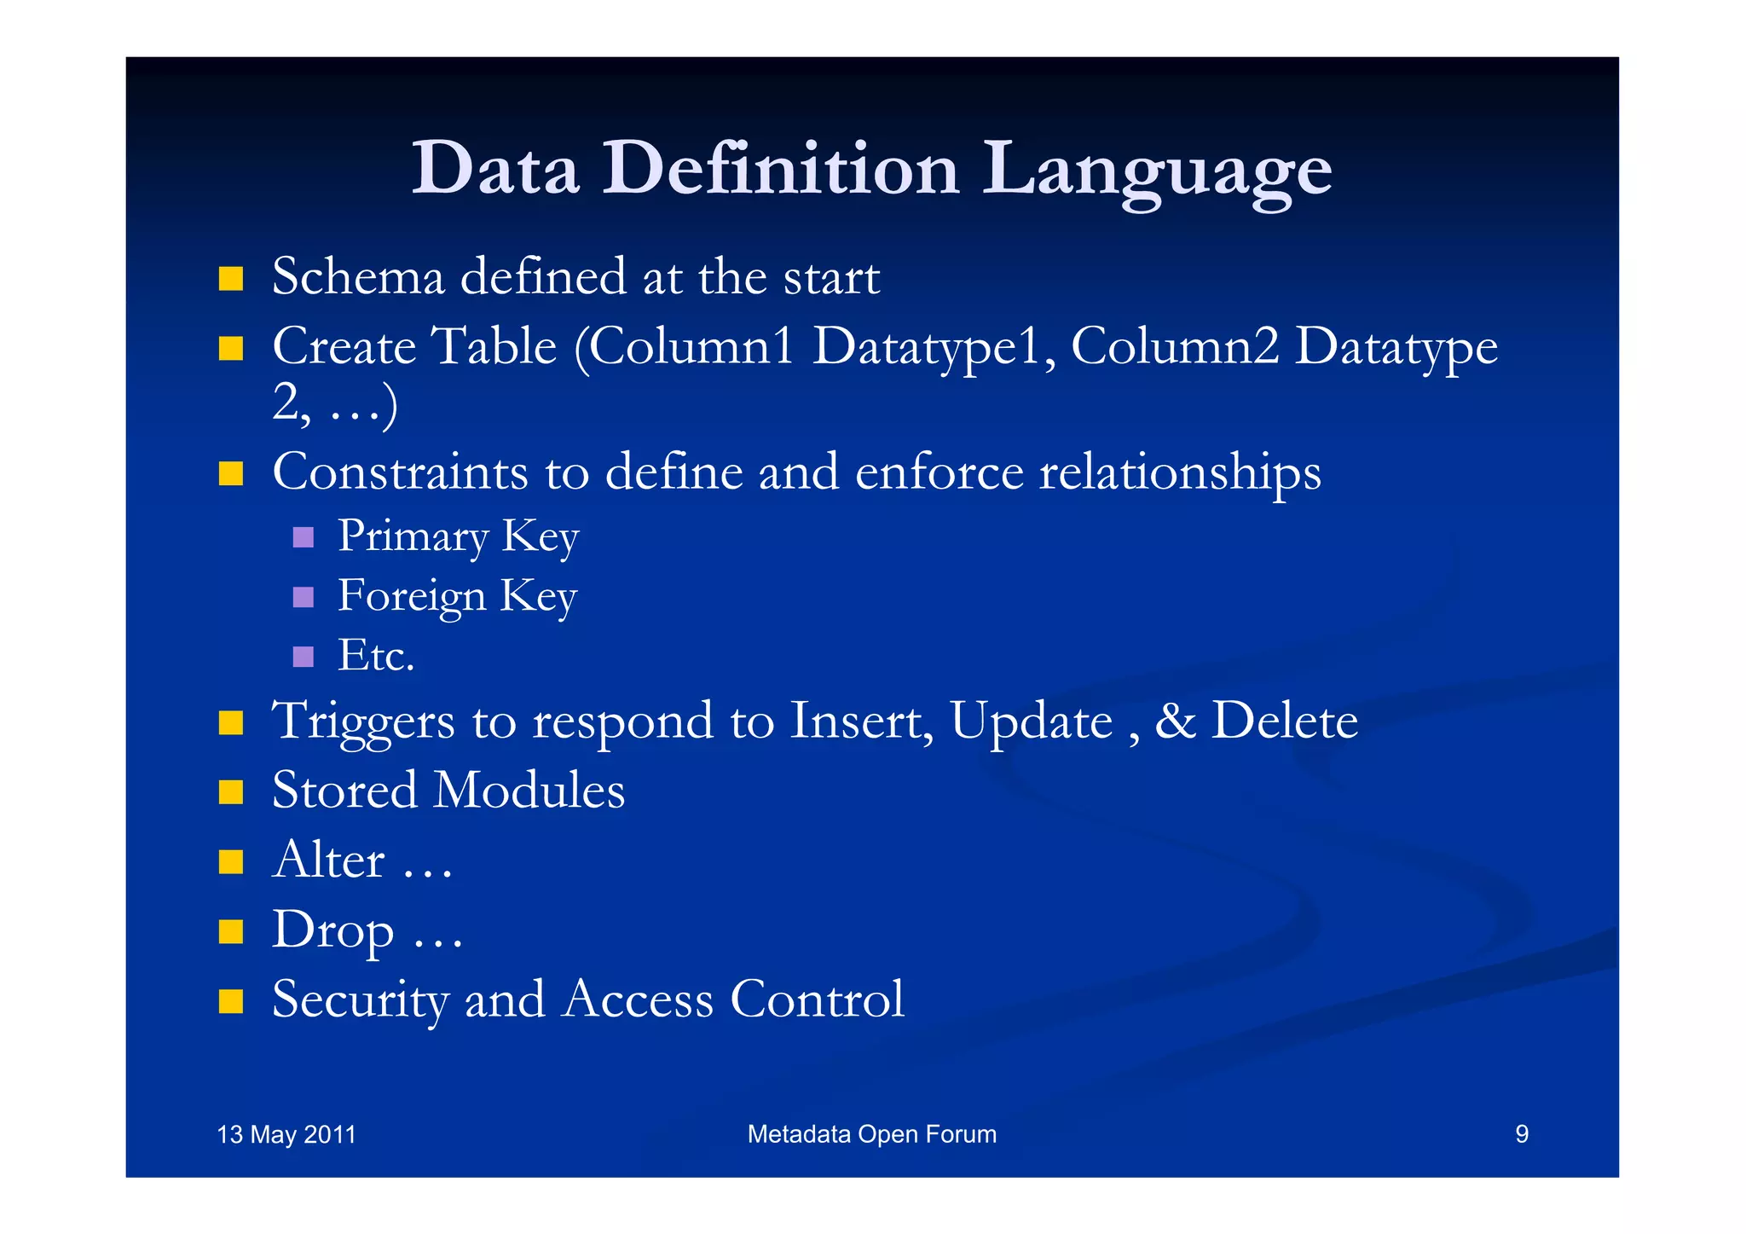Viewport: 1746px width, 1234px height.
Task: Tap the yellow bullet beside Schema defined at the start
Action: pos(230,279)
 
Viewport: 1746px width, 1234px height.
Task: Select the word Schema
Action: pos(358,277)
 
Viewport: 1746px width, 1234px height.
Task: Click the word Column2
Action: pos(1174,347)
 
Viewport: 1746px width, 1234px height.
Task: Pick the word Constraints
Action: pos(400,472)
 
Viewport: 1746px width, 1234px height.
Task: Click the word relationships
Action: pos(1180,473)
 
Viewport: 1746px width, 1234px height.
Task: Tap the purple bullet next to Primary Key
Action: pos(304,537)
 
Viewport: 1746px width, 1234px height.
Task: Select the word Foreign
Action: pos(412,596)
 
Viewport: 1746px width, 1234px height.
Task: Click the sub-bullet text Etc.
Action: pos(376,656)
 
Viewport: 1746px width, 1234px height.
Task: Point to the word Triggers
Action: pos(363,721)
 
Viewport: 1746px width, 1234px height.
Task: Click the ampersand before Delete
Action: pos(1175,721)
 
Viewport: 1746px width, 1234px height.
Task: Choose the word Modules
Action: pos(529,791)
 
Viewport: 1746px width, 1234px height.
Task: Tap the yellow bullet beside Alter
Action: pos(230,861)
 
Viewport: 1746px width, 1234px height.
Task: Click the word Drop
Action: pos(332,930)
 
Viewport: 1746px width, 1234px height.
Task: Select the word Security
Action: pos(360,1000)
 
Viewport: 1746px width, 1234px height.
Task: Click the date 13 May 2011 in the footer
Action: pos(286,1134)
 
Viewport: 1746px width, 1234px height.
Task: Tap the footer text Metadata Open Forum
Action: pos(871,1134)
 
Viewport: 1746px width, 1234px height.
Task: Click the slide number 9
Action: pos(1521,1134)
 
